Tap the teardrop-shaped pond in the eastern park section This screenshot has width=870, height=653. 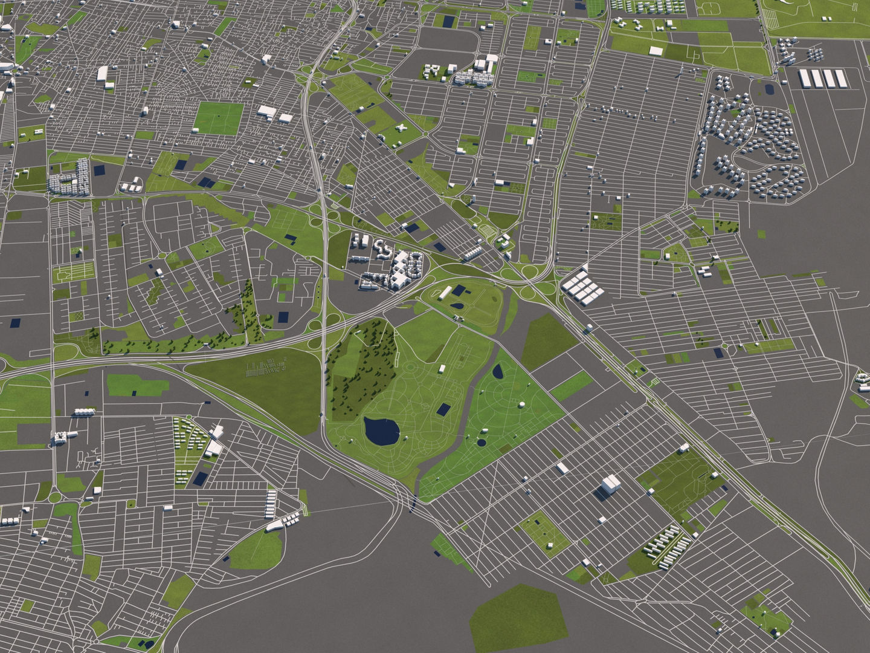[x=498, y=371]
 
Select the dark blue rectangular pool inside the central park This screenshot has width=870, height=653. [x=444, y=409]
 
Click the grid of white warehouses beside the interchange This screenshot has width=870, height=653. [x=582, y=286]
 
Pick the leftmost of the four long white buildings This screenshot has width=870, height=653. [x=805, y=78]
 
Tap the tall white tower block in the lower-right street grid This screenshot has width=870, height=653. [x=610, y=485]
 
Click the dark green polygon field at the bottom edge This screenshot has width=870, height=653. [x=518, y=618]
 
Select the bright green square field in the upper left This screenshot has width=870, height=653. [x=218, y=118]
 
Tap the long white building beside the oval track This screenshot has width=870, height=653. [x=445, y=293]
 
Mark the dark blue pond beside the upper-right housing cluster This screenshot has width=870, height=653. [x=768, y=88]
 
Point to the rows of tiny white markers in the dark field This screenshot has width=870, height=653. [x=266, y=366]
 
